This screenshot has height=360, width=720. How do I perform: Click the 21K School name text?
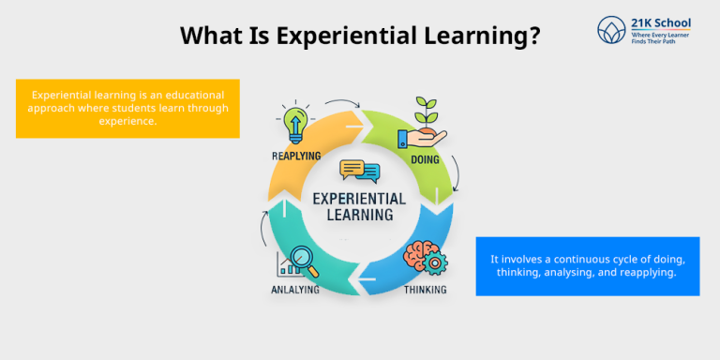tap(662, 22)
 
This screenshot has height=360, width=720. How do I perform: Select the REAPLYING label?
tap(295, 155)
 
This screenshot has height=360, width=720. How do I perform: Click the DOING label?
tap(425, 159)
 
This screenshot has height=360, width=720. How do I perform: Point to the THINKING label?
tap(425, 290)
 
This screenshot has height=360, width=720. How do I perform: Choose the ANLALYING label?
tap(295, 290)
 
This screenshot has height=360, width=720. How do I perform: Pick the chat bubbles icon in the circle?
tap(359, 171)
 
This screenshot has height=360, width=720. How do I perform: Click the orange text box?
tap(127, 108)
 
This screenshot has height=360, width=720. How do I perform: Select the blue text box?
tap(587, 265)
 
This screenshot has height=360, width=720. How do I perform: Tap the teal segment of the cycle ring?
tap(291, 234)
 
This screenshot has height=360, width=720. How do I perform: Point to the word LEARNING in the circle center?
tap(359, 215)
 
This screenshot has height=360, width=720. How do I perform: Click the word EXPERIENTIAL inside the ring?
tap(359, 198)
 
